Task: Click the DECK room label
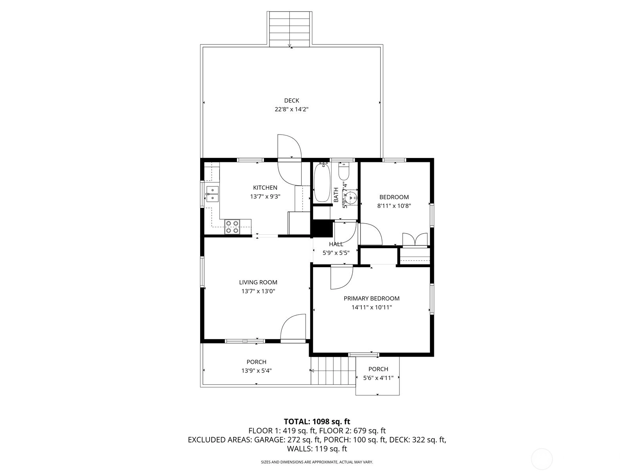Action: pos(291,101)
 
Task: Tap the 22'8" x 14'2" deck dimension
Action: pos(291,109)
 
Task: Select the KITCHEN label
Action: pos(265,188)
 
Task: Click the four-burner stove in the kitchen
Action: pos(232,227)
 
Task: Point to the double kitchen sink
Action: pos(212,194)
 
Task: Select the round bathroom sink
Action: pos(351,198)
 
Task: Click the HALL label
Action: pos(336,244)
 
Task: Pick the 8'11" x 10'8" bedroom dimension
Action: pos(394,206)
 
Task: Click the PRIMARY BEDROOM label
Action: pos(371,298)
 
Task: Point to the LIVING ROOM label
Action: pos(258,282)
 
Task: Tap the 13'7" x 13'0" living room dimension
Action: pos(258,291)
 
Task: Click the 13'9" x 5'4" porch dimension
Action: pos(256,370)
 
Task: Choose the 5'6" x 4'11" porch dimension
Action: pos(378,378)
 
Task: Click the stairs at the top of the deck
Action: pos(290,29)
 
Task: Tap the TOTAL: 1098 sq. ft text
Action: pos(317,422)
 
